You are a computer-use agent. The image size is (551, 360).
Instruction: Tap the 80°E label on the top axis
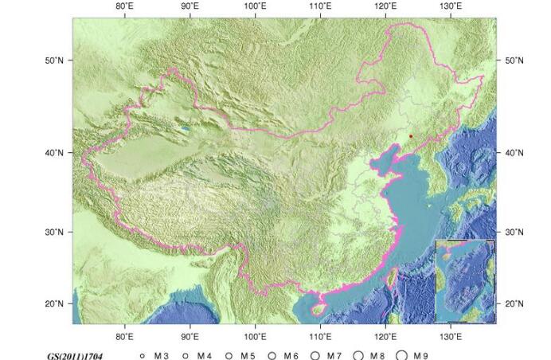(124, 6)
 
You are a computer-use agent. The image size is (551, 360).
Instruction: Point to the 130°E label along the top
(451, 6)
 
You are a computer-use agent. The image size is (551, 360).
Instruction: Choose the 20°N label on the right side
(514, 303)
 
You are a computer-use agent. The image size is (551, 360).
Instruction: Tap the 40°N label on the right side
(514, 152)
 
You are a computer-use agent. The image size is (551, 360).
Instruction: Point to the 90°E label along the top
(190, 6)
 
